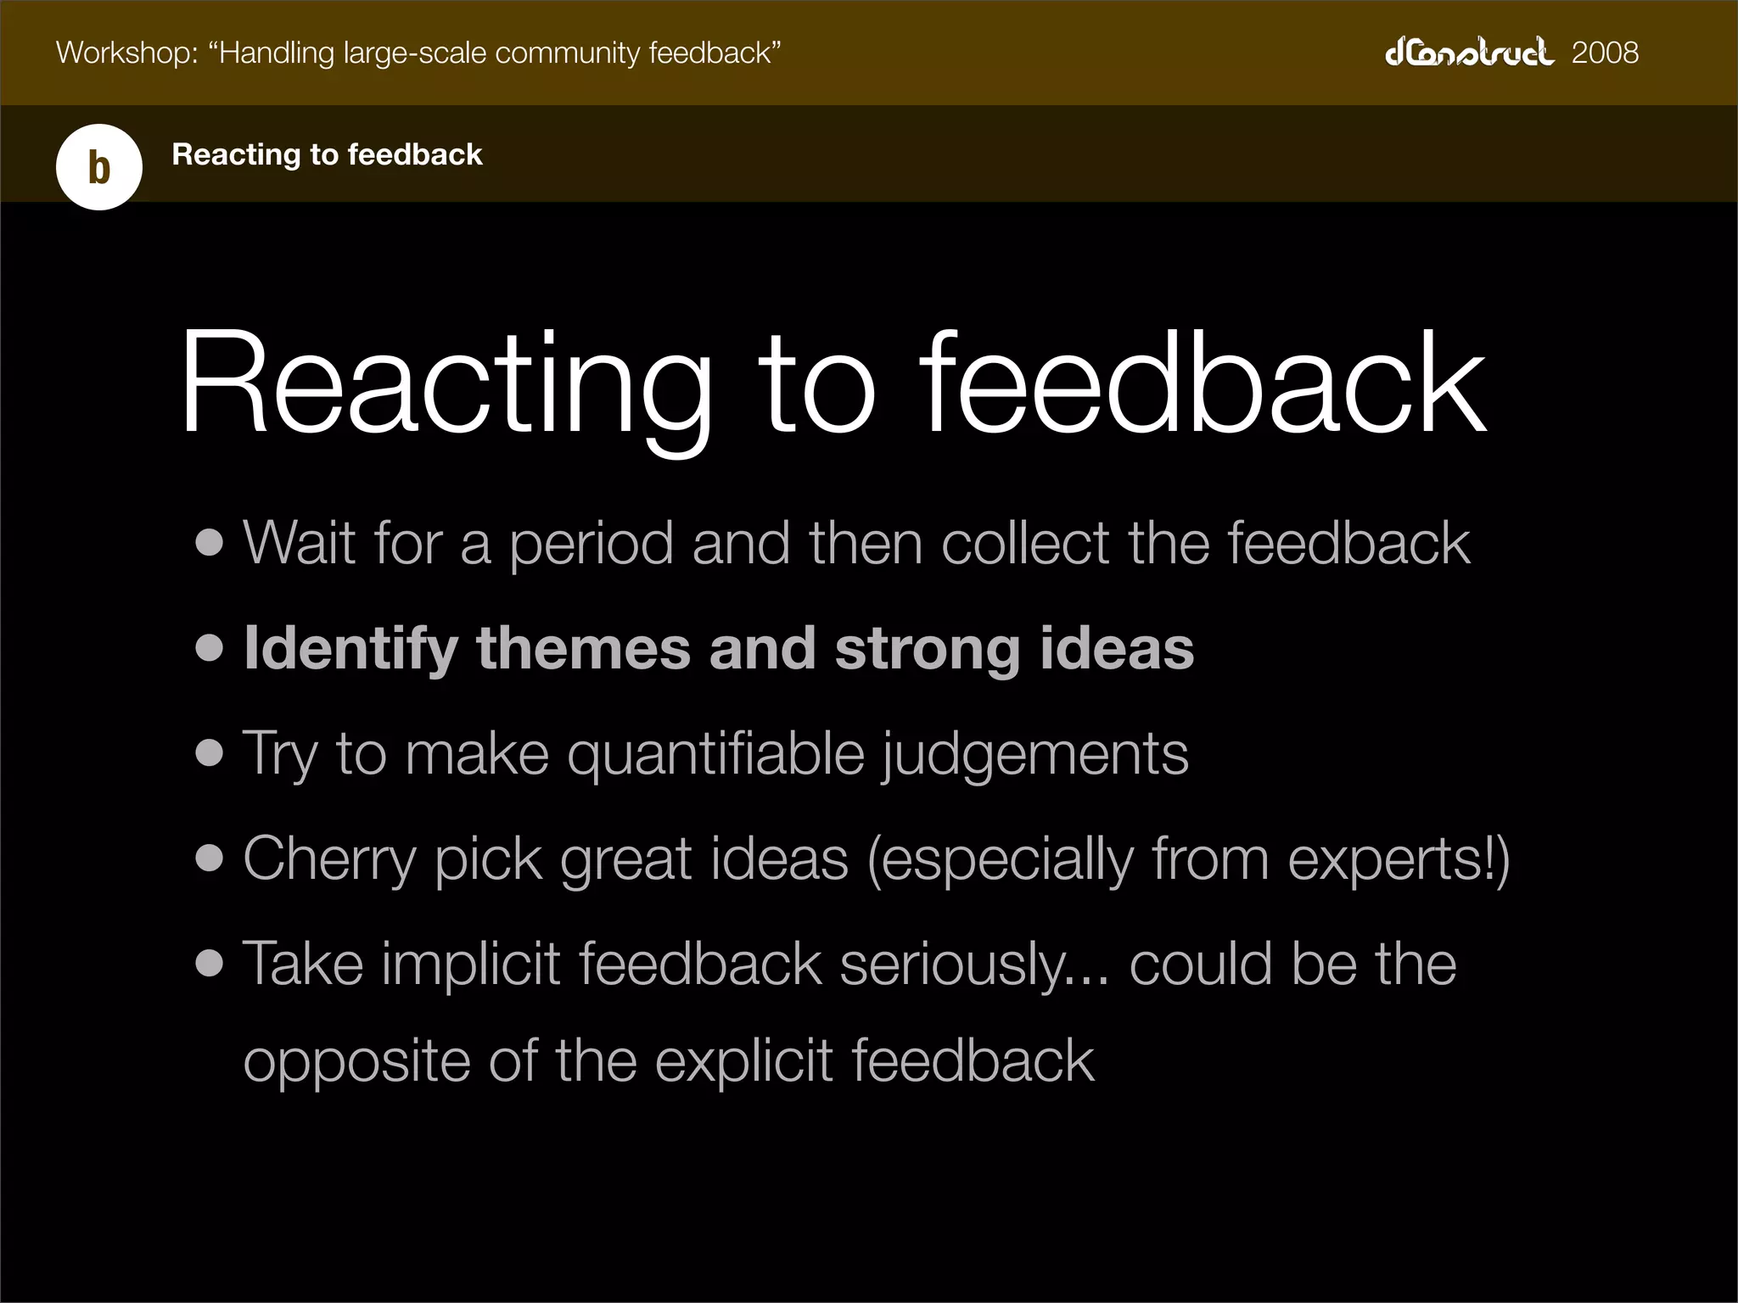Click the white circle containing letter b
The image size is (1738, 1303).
tap(99, 167)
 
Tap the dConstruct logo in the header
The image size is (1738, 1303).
tap(1469, 53)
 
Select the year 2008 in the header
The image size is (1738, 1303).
tap(1605, 53)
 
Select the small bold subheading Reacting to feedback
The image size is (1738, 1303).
tap(327, 154)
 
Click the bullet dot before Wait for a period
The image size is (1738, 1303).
tap(209, 542)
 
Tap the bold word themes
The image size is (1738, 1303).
tap(584, 648)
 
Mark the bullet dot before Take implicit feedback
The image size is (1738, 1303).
tap(209, 964)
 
